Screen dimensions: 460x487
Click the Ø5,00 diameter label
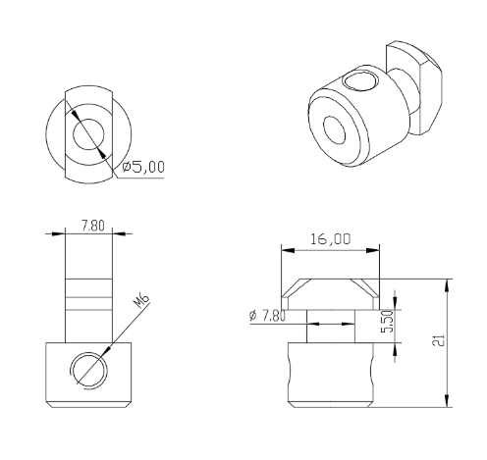[143, 168]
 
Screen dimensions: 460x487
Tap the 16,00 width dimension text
[329, 239]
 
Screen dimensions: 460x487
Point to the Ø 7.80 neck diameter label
[268, 315]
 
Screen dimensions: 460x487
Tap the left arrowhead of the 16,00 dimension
[286, 250]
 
